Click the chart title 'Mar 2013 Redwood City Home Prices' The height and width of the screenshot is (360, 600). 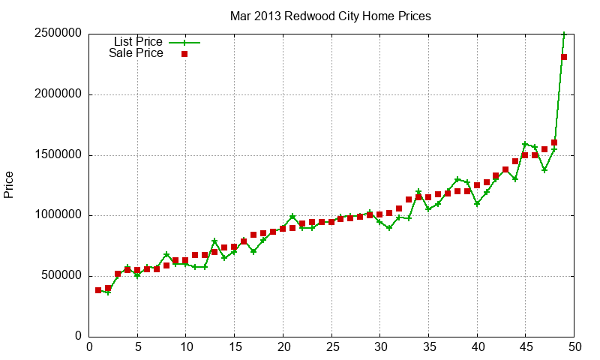pyautogui.click(x=330, y=15)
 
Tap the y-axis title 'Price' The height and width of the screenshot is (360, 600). pyautogui.click(x=9, y=184)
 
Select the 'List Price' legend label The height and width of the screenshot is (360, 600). pyautogui.click(x=138, y=42)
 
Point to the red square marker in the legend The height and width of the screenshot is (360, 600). pyautogui.click(x=184, y=54)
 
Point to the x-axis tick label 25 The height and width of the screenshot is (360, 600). pyautogui.click(x=332, y=346)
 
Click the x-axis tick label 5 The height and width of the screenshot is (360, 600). pyautogui.click(x=138, y=346)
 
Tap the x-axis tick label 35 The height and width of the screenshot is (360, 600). pyautogui.click(x=430, y=346)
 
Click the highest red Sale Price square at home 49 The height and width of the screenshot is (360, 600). pyautogui.click(x=564, y=57)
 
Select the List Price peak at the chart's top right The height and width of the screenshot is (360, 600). pyautogui.click(x=564, y=34)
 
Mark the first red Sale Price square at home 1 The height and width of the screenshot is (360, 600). pyautogui.click(x=98, y=290)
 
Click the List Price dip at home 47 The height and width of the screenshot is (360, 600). pyautogui.click(x=544, y=170)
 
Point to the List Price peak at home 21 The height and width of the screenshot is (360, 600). pyautogui.click(x=292, y=217)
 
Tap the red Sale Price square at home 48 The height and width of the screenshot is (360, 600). pyautogui.click(x=554, y=142)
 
